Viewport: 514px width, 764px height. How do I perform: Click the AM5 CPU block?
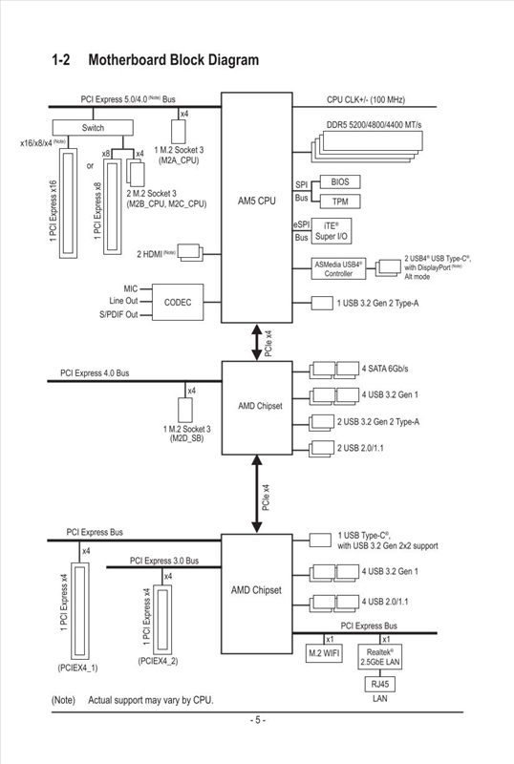257,202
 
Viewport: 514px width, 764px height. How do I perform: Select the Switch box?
93,127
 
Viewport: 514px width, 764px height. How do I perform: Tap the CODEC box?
178,302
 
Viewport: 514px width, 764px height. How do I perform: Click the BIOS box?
339,181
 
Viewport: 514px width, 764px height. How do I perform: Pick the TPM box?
339,202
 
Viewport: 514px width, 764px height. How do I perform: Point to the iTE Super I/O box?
331,230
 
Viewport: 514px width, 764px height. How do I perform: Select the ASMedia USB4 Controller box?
338,268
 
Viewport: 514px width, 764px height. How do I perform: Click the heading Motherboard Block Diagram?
173,60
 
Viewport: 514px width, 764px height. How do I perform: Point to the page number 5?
257,720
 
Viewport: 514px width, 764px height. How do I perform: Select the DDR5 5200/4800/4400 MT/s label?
375,126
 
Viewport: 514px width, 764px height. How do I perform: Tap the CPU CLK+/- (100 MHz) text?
366,99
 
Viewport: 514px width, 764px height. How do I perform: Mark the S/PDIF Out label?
118,314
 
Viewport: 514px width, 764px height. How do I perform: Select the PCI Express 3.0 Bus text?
164,561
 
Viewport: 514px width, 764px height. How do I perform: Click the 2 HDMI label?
157,253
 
